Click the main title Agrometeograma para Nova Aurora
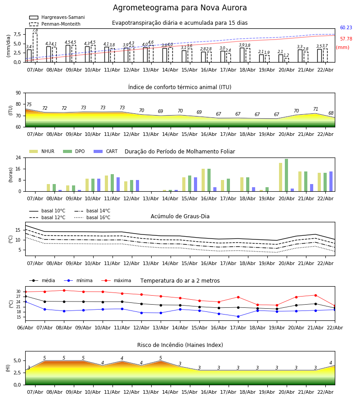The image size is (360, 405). tap(180, 8)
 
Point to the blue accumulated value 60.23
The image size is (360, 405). tap(346, 28)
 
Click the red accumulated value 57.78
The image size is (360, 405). tap(346, 39)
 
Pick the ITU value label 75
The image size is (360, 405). tap(29, 105)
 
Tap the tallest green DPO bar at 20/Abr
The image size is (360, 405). tap(286, 175)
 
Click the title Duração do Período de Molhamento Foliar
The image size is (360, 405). tap(180, 152)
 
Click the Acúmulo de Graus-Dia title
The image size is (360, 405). tap(180, 216)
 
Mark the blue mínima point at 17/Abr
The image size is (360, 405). tap(238, 316)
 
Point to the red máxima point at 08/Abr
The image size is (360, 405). tap(64, 290)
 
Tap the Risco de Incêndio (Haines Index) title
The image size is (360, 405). tap(180, 345)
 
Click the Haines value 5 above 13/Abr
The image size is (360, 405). tap(161, 358)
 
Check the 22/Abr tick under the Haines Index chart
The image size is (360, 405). tap(325, 392)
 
